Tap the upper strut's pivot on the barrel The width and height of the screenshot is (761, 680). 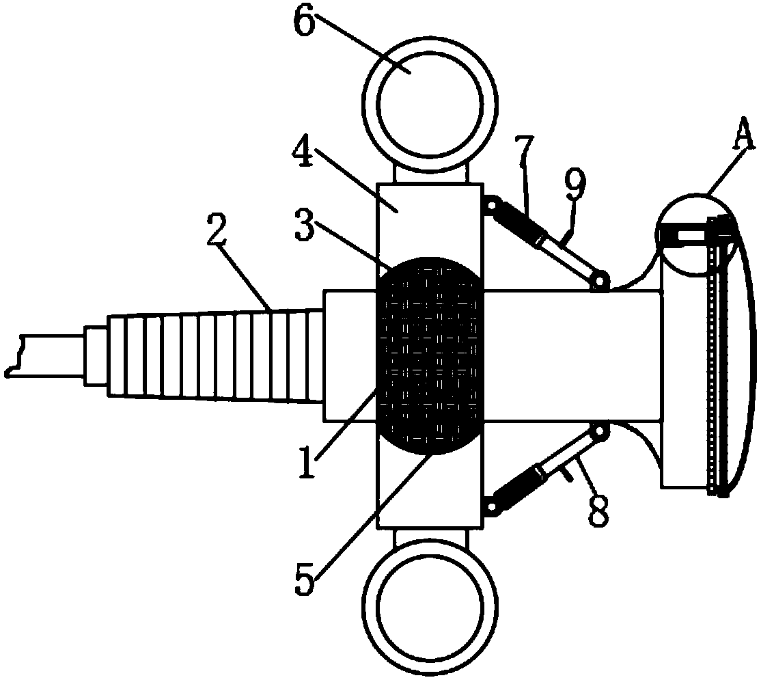[600, 281]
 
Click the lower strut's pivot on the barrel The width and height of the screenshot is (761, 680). [600, 432]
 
